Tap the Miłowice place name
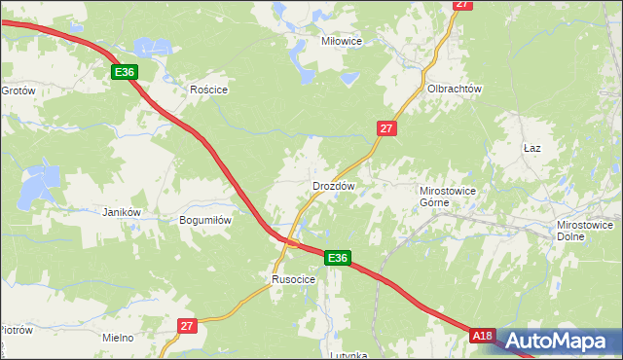(x=342, y=42)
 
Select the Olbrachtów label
(x=455, y=89)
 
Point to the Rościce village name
(x=208, y=89)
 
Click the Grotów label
(x=18, y=90)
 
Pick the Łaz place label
(x=531, y=148)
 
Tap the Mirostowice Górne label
(x=447, y=197)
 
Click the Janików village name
(x=123, y=212)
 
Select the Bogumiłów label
(x=205, y=220)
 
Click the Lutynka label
(x=348, y=355)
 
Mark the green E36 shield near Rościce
(x=124, y=72)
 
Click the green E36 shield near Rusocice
(x=337, y=258)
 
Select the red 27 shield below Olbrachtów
(x=387, y=128)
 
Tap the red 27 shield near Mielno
(x=188, y=326)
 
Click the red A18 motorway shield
(x=482, y=336)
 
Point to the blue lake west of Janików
(x=40, y=179)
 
